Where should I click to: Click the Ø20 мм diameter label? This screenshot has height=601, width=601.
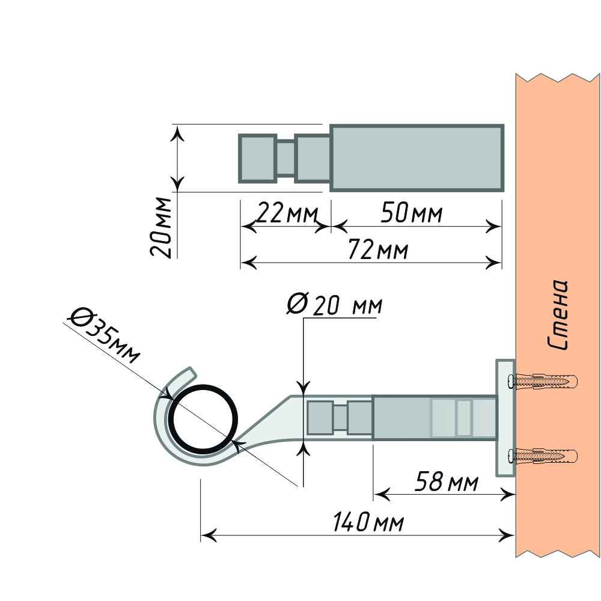point(334,305)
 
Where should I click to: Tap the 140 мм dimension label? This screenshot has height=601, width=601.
point(368,522)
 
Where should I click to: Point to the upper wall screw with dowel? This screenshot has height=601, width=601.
point(543,381)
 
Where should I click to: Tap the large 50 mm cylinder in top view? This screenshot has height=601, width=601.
point(416,158)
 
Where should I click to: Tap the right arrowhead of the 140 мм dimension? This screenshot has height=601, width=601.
point(508,534)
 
